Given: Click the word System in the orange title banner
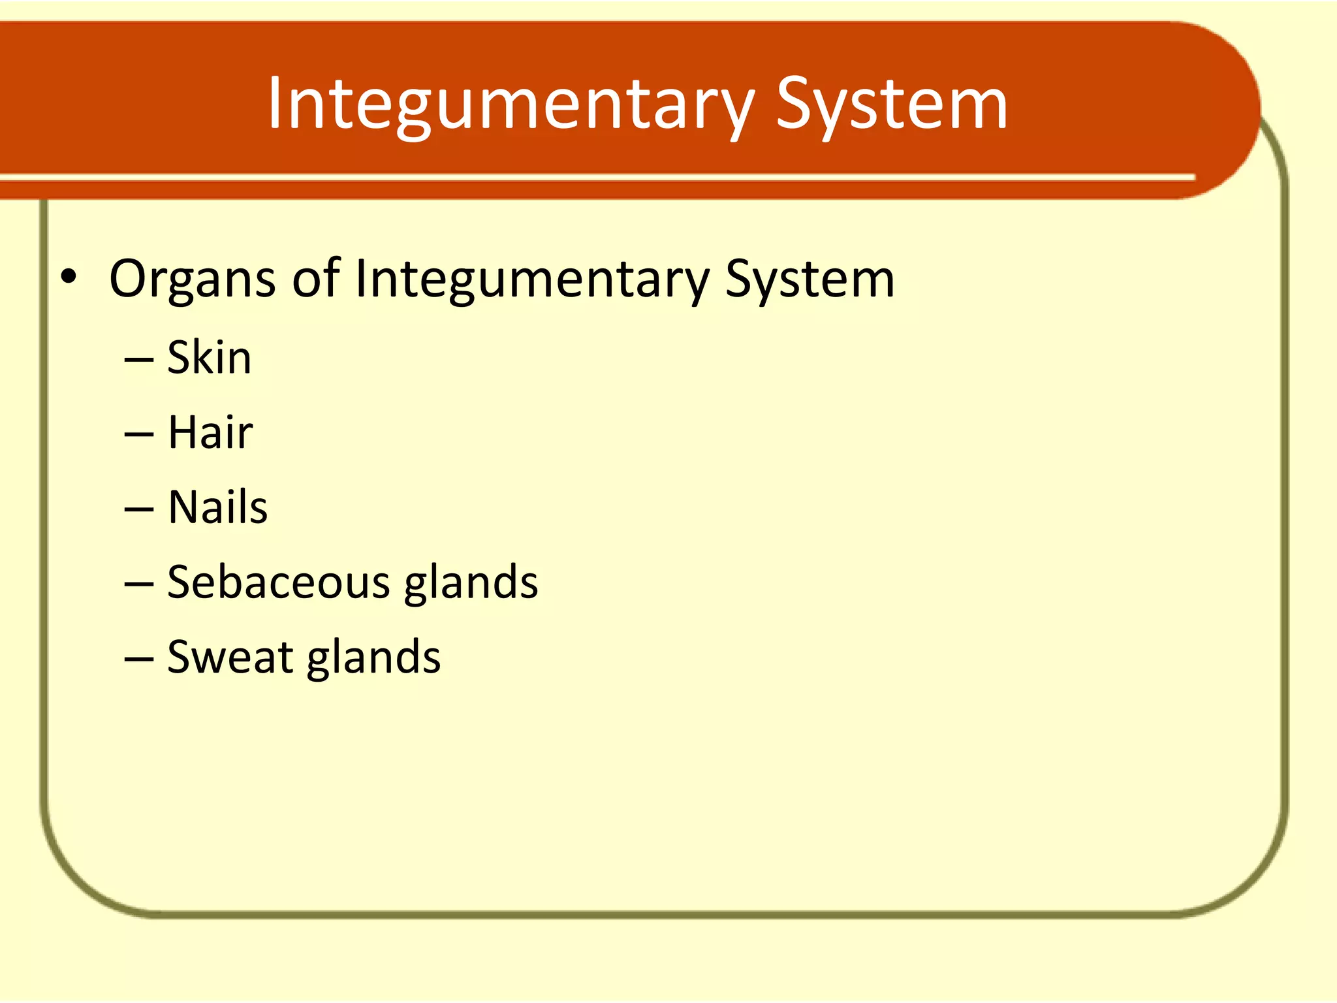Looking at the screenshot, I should click(x=891, y=104).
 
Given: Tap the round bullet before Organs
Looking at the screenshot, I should click(x=69, y=277).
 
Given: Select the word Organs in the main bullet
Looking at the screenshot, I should click(x=192, y=279).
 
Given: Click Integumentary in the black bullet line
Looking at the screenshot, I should click(x=531, y=279).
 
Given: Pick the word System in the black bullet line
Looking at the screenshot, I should click(x=810, y=279).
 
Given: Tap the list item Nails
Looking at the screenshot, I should click(x=217, y=507).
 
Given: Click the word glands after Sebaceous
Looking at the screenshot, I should click(x=471, y=583).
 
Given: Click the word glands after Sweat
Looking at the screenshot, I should click(x=373, y=658).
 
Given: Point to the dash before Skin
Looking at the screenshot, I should click(x=138, y=360).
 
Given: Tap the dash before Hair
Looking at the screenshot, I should click(x=138, y=435).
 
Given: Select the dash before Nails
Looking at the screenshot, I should click(x=138, y=510).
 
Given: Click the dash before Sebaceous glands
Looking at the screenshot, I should click(x=138, y=584).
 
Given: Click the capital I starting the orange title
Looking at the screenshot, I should click(x=274, y=103).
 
